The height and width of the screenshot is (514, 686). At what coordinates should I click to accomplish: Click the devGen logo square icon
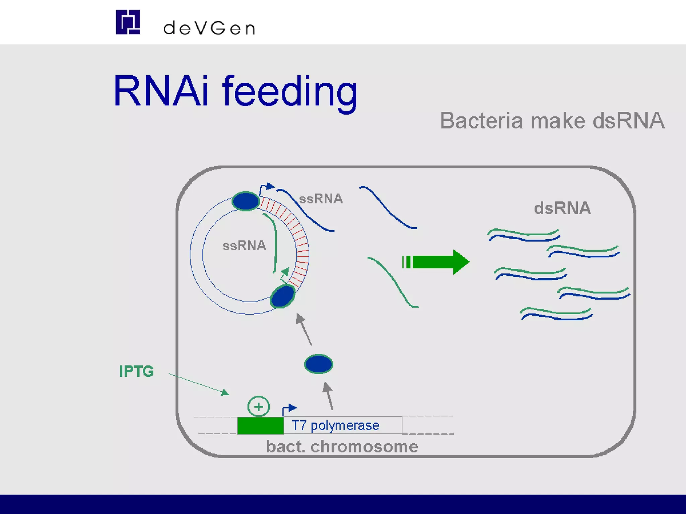(128, 22)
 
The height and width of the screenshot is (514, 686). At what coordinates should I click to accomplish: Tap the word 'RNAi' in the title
(161, 91)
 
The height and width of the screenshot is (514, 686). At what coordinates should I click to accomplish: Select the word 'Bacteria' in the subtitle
(481, 121)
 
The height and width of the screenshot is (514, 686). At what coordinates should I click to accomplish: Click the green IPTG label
(136, 371)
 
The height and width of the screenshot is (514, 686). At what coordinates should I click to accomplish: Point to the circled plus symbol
(258, 407)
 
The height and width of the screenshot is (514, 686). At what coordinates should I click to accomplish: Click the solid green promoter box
(260, 425)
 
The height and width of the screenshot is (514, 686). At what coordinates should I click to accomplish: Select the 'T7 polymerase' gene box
(342, 425)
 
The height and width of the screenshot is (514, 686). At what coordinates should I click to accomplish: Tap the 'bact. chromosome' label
(342, 446)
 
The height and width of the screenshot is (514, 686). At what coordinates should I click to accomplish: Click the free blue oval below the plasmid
(319, 364)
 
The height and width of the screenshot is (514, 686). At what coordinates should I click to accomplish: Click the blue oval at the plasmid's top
(246, 201)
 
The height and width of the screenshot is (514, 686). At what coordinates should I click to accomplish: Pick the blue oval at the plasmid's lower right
(283, 296)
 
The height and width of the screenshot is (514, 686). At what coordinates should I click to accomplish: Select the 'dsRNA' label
(562, 208)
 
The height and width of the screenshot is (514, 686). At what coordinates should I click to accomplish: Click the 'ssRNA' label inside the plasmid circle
(244, 246)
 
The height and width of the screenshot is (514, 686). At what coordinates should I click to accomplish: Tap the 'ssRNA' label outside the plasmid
(321, 199)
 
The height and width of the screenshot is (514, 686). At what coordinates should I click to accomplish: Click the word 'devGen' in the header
(209, 28)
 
